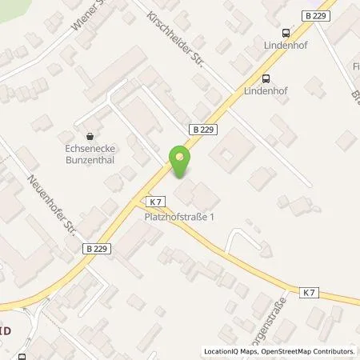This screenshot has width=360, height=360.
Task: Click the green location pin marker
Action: [x=181, y=162]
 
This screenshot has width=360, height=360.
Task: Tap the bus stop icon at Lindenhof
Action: [x=266, y=78]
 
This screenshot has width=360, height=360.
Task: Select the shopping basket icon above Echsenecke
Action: [x=88, y=136]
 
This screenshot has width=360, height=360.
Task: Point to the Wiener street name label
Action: [x=89, y=18]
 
